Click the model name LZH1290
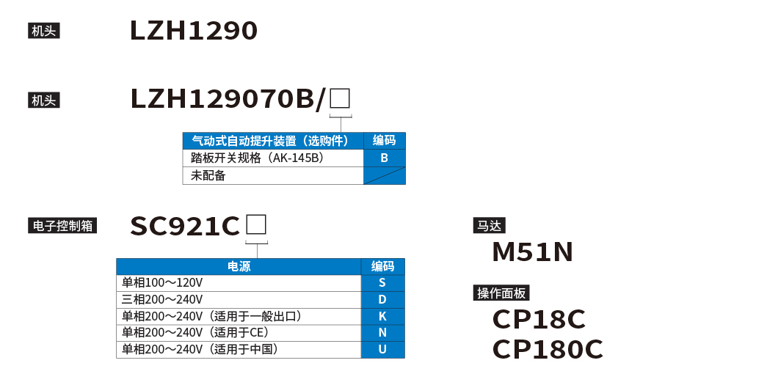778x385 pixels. (x=194, y=31)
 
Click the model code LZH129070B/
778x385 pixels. (x=228, y=99)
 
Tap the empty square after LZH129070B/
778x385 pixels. (x=340, y=98)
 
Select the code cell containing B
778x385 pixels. (x=385, y=158)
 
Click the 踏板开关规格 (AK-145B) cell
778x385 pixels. (x=273, y=158)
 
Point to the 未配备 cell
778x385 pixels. (x=273, y=175)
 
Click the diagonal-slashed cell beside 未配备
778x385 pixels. (x=385, y=175)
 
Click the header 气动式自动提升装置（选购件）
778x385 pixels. (x=273, y=141)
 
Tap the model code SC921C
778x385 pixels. (x=185, y=227)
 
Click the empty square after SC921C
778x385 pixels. (x=256, y=224)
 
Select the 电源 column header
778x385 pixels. (x=239, y=266)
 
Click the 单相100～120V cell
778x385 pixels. (x=239, y=283)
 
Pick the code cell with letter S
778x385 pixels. (x=382, y=283)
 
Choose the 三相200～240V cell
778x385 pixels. (x=239, y=299)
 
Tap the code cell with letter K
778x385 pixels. (x=382, y=316)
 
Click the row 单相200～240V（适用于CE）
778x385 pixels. (x=239, y=332)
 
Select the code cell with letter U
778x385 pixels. (x=382, y=349)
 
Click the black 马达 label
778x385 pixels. (x=490, y=226)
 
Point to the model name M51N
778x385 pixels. (x=532, y=252)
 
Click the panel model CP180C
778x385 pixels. (x=548, y=350)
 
